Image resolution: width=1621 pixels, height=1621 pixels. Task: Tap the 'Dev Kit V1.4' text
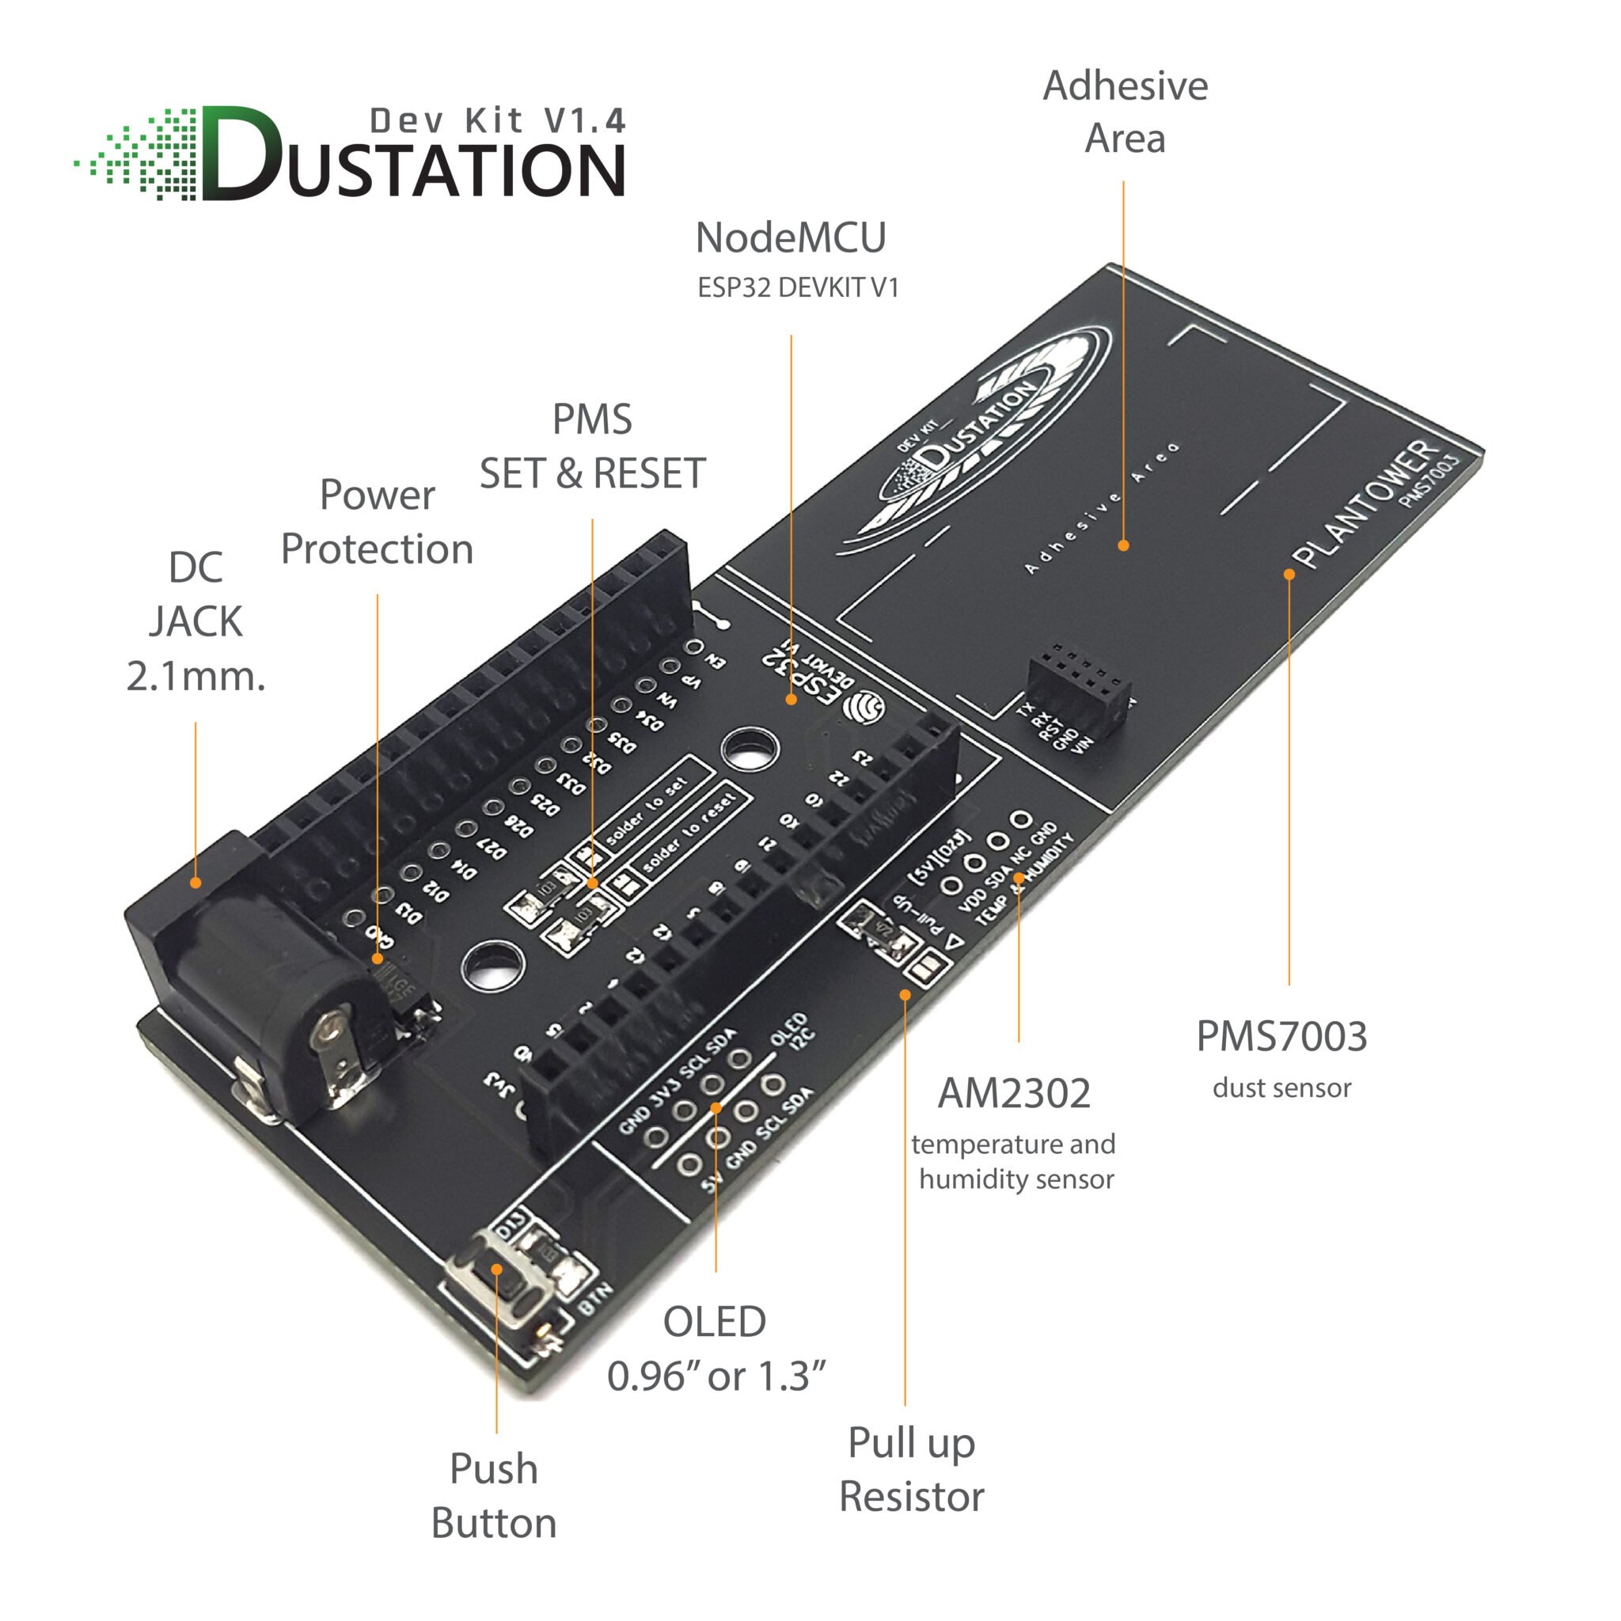point(498,122)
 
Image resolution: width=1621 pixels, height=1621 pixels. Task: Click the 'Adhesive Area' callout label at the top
point(1124,112)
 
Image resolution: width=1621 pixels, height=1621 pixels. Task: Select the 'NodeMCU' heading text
point(791,238)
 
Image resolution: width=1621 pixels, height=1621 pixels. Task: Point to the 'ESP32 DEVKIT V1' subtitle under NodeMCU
point(798,288)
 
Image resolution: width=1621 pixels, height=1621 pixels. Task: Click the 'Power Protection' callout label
point(377,522)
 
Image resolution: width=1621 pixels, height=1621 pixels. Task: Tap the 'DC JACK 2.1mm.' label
point(196,621)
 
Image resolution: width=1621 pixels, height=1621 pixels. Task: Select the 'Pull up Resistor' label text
point(911,1469)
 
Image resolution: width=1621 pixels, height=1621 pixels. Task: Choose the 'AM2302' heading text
point(1014,1094)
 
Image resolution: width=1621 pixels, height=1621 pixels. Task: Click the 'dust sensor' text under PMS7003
point(1281,1088)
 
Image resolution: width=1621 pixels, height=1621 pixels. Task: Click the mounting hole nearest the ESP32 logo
point(750,747)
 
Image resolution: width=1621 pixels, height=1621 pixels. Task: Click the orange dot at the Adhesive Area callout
point(1123,545)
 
